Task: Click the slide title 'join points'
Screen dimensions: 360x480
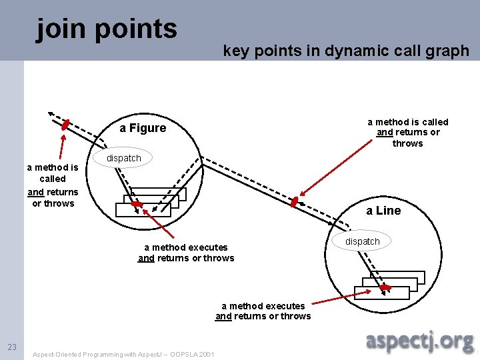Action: tap(107, 29)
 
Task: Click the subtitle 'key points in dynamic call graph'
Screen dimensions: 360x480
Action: tap(346, 51)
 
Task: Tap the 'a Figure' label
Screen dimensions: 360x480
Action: tap(143, 128)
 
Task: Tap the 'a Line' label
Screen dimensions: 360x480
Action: tap(383, 211)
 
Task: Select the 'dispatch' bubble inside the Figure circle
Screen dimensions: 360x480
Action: tap(125, 158)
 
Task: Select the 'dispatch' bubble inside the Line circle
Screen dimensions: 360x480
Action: tap(363, 241)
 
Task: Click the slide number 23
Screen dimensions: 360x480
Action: tap(12, 347)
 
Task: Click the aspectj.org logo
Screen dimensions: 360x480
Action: tap(420, 341)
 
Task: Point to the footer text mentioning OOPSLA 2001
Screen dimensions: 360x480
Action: tap(123, 354)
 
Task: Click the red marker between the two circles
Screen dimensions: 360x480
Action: tap(295, 201)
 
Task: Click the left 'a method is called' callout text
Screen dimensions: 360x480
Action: tap(53, 185)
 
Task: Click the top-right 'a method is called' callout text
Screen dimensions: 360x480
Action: tap(408, 132)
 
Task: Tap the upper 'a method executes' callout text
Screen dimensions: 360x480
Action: tap(186, 253)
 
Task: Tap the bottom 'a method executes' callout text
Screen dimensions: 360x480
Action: tap(263, 311)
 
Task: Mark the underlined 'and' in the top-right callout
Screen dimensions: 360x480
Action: tap(385, 133)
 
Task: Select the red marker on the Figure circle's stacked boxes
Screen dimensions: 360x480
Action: tap(137, 204)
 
